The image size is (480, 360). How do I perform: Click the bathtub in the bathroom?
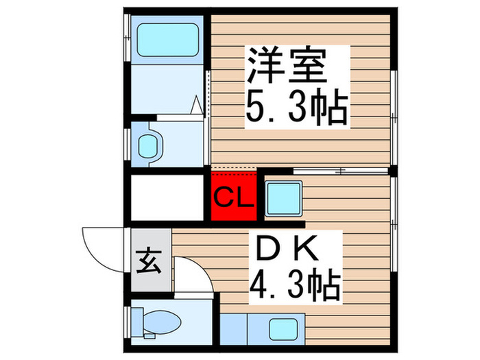(167, 39)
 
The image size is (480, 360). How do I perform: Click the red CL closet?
(233, 196)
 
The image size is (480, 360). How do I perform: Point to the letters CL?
(233, 199)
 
